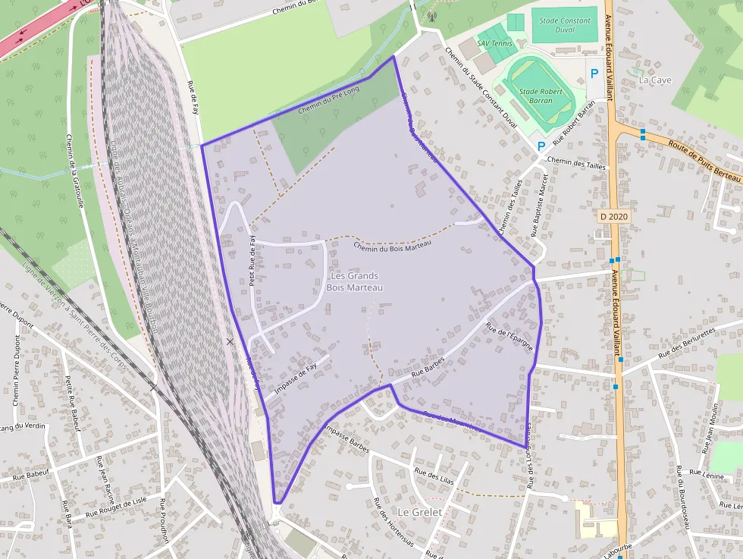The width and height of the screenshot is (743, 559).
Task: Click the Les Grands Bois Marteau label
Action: point(354,281)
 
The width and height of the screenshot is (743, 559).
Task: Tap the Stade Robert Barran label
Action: point(541,95)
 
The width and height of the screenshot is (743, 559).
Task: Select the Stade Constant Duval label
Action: point(564,26)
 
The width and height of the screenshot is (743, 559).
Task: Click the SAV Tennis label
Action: point(494,43)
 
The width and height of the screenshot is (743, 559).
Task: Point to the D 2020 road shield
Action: point(614,217)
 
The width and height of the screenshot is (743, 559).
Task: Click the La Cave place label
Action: point(654,79)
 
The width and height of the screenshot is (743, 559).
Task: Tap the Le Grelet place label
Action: point(419,512)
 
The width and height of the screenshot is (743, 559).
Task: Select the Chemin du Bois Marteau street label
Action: point(392,247)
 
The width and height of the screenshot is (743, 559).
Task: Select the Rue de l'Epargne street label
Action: point(509,338)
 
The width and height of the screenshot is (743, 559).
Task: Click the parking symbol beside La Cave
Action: point(594,74)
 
